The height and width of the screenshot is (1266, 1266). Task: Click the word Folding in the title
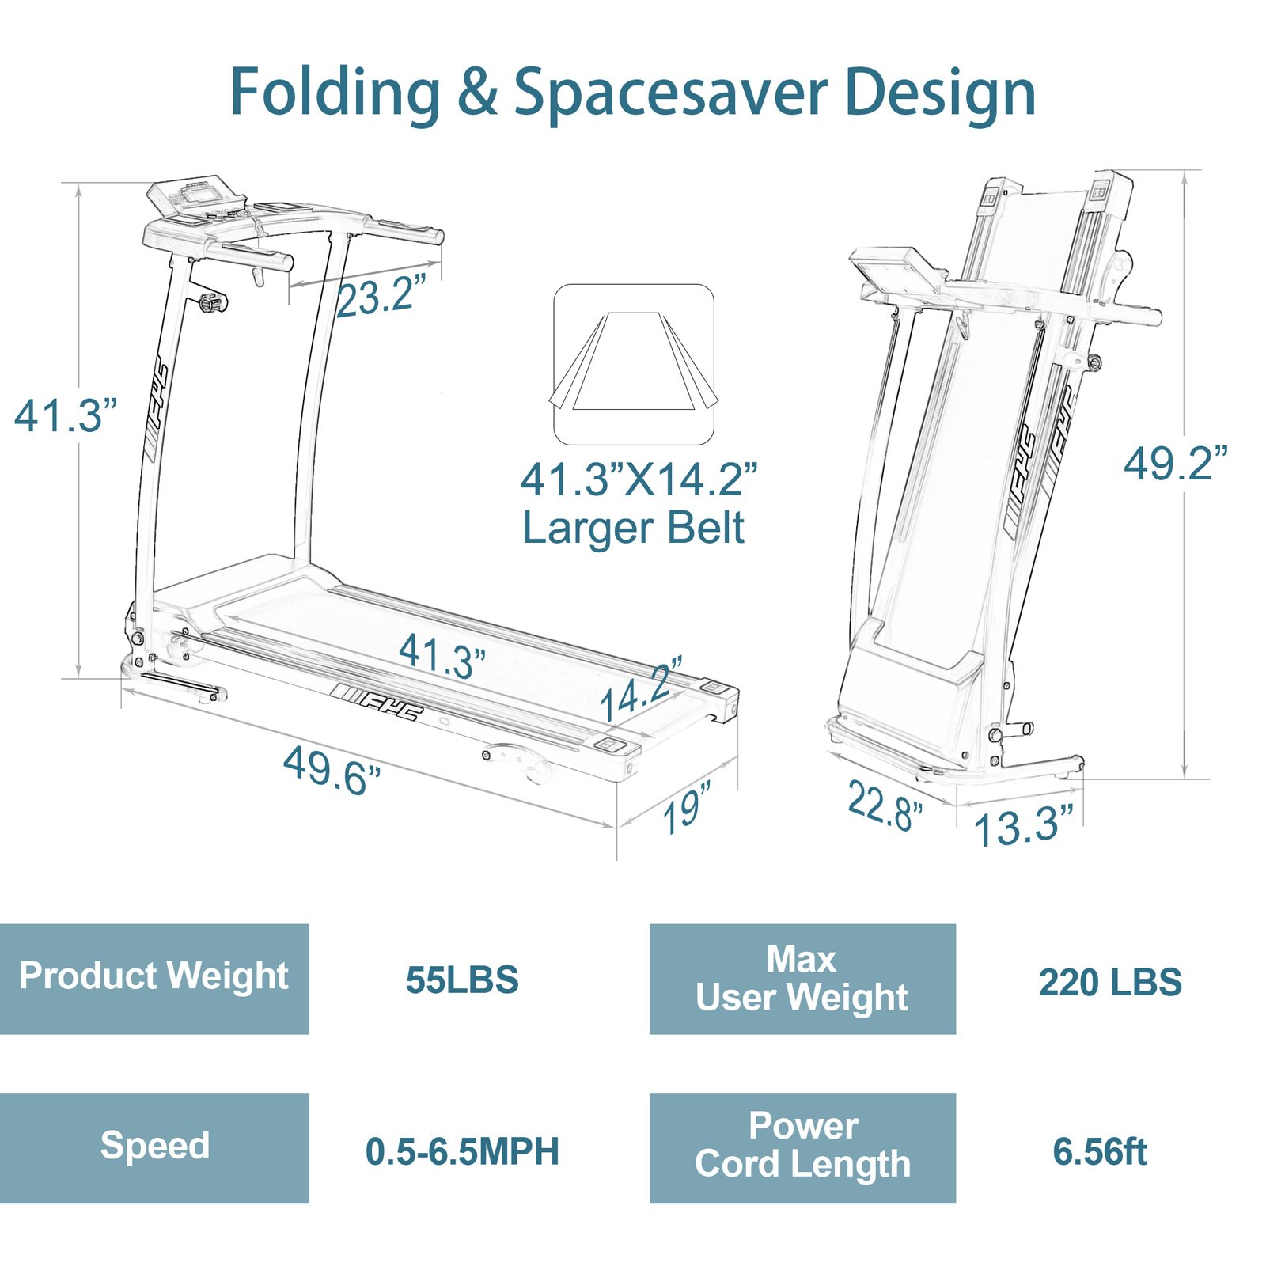[335, 93]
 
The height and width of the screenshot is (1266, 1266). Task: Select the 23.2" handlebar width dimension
[381, 294]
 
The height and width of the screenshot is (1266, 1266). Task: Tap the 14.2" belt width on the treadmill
[642, 688]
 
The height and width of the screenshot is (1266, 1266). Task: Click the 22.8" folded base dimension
[885, 805]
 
